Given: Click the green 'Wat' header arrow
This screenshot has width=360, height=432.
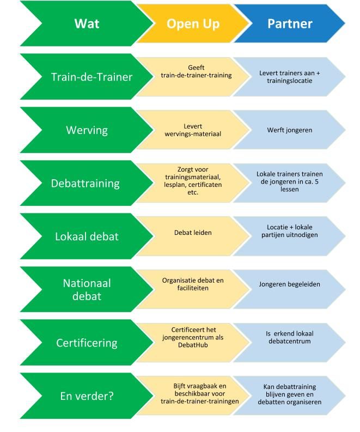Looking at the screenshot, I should coord(87,24).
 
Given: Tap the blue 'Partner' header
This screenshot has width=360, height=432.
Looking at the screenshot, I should coord(289,24).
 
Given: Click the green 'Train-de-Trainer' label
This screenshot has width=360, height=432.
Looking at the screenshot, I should coord(91,77).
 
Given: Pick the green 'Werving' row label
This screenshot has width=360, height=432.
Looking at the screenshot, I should coord(87,130).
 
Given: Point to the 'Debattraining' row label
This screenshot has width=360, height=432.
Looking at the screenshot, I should coord(85,183).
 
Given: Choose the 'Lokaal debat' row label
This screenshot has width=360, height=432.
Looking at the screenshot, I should coord(87,236).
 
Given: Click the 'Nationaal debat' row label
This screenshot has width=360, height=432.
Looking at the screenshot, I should coord(87,290).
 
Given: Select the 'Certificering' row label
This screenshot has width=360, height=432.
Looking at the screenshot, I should coord(87,343).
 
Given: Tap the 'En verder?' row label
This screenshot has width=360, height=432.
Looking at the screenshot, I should coord(87,396).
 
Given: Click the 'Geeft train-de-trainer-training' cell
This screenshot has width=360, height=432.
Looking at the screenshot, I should coord(196,71).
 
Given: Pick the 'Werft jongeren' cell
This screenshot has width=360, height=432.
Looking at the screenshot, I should coord(289,130).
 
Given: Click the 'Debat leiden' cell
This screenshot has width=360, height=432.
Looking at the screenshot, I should coord(193,233).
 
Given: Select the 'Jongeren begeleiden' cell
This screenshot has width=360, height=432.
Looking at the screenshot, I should coord(289,284).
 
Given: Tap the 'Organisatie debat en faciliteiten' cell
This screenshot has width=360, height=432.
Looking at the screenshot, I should coord(193,284).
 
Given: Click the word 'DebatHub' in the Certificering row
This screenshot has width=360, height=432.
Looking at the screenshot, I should coord(193,345).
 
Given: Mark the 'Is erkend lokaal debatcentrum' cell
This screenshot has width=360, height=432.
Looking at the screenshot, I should coord(289,337).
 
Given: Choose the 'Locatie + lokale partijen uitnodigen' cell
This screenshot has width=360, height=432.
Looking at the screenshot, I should coord(289,230).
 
